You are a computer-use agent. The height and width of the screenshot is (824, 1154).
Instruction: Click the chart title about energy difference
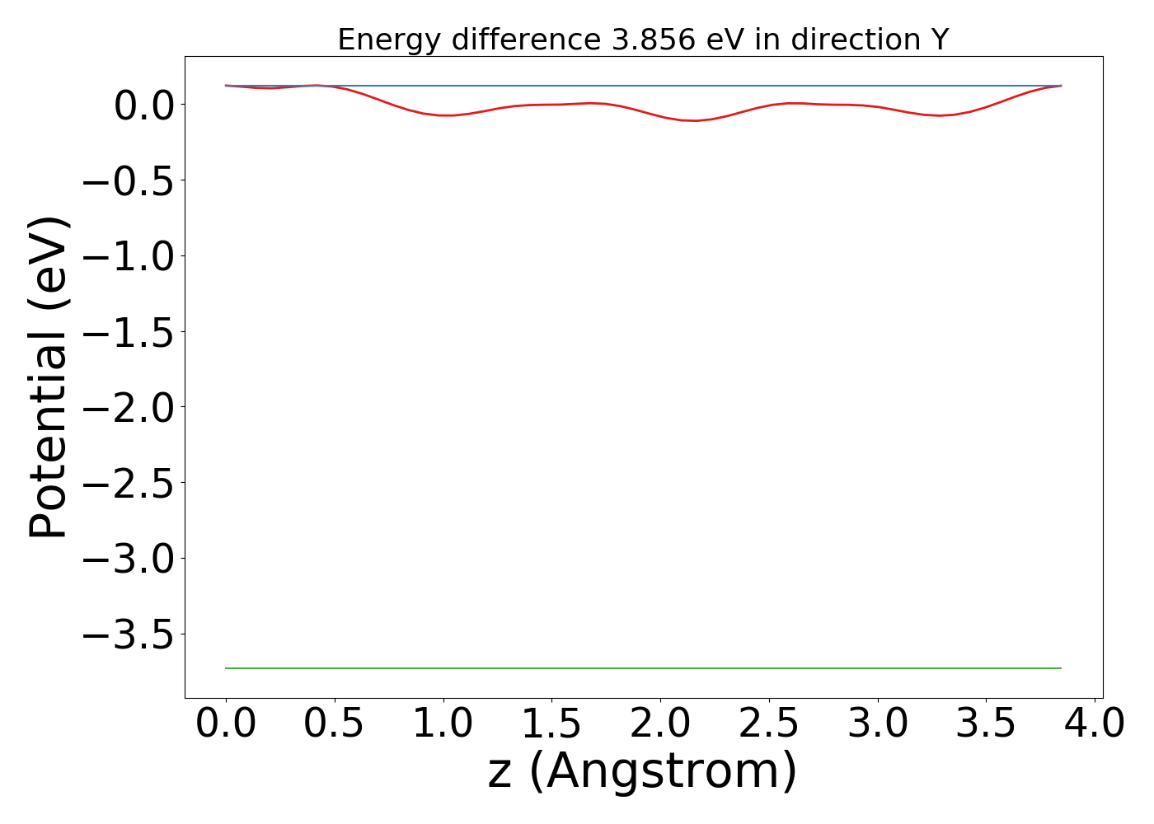(x=643, y=40)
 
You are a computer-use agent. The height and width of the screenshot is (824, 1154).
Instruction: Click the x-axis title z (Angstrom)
(x=643, y=771)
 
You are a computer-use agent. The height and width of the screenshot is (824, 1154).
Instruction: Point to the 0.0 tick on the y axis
(x=143, y=105)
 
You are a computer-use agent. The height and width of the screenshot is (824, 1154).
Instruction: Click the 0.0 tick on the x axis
(x=226, y=724)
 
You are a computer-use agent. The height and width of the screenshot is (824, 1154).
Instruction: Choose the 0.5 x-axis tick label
(x=335, y=724)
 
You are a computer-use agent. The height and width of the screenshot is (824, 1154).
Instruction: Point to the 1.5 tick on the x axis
(x=551, y=724)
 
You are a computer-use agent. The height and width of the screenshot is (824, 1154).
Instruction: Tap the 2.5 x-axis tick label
(x=769, y=724)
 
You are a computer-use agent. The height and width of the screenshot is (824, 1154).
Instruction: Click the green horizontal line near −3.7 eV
(x=643, y=668)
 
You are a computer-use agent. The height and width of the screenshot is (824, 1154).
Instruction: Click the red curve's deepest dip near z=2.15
(x=695, y=120)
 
